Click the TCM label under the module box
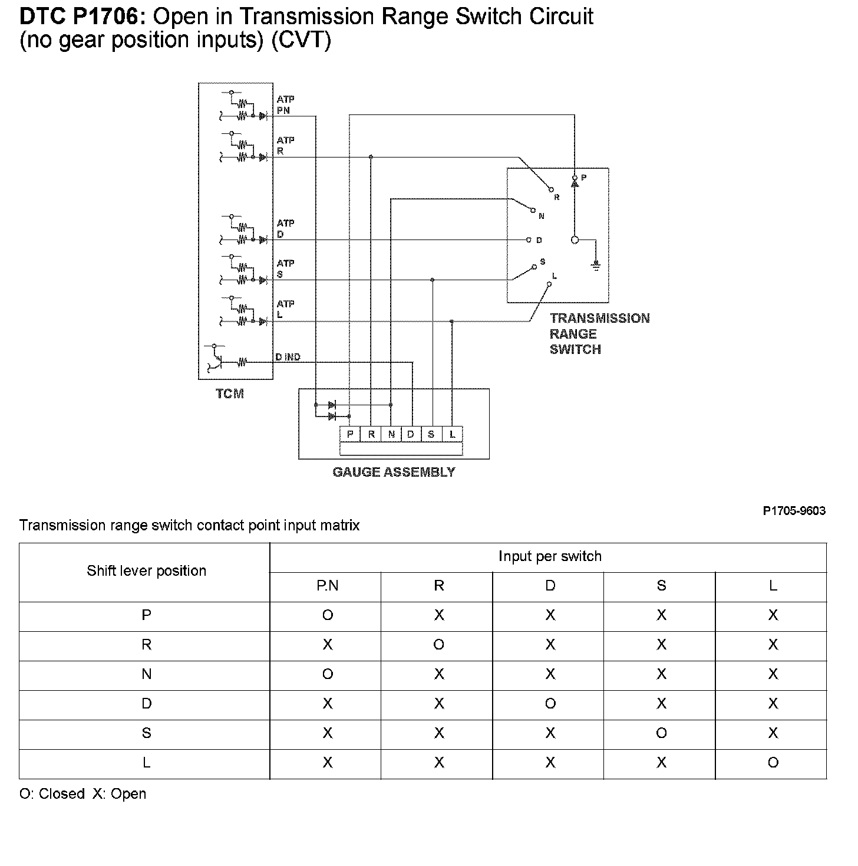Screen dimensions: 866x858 point(230,393)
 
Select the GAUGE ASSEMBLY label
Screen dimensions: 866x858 point(394,472)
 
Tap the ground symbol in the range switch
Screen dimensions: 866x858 point(596,266)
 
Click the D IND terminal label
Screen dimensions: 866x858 point(288,357)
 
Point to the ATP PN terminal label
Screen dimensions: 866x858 point(285,105)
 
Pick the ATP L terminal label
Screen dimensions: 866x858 point(285,309)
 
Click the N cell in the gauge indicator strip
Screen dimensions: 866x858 point(391,434)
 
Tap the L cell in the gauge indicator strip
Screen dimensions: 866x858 point(452,434)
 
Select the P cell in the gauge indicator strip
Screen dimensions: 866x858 point(350,434)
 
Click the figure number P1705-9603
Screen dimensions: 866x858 point(794,511)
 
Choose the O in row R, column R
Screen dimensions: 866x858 point(439,645)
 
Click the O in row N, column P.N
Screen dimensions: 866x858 point(328,674)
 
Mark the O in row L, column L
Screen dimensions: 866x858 point(773,763)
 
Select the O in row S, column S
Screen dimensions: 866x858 point(662,733)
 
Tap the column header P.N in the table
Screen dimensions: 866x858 point(328,586)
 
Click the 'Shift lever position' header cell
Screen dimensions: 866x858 point(146,571)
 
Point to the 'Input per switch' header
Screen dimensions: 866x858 point(549,556)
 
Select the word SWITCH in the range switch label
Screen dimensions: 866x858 point(575,349)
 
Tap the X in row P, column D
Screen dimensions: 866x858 point(550,615)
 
